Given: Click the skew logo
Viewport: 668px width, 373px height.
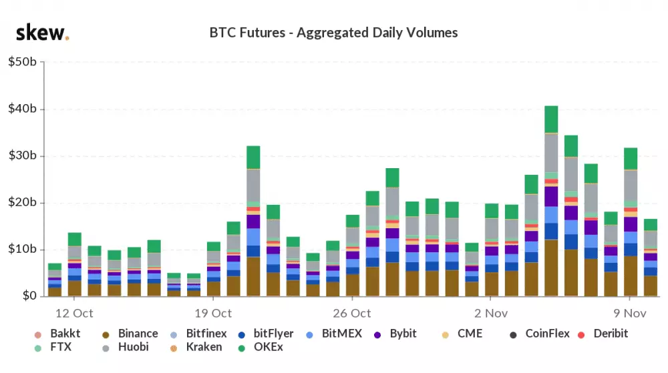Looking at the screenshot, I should point(42,33).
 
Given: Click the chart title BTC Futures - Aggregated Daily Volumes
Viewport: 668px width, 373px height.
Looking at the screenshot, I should point(333,33).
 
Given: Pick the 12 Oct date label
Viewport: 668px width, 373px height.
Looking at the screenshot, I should point(73,313).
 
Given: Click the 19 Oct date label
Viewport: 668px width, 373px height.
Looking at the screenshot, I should point(212,313).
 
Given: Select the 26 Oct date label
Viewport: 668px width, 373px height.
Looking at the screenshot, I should point(351,313).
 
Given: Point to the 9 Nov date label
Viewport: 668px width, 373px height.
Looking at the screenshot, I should point(630,313).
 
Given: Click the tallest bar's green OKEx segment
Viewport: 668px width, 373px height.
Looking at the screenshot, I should point(551,119).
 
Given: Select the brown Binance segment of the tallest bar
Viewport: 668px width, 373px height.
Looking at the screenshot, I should point(551,268).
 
